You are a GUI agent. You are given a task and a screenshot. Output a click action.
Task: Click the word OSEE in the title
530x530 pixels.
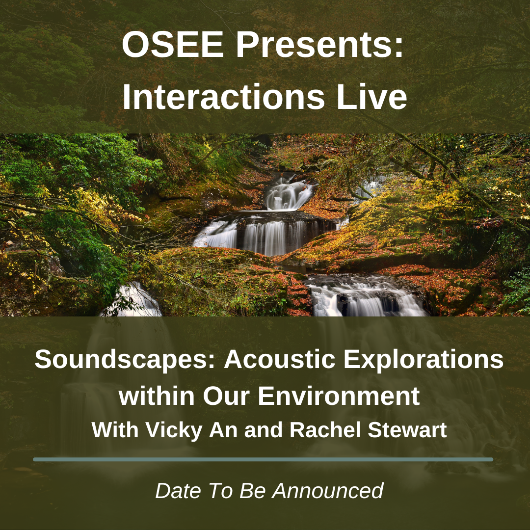[x=173, y=45]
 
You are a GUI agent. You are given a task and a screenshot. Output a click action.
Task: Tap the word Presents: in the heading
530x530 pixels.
[x=320, y=45]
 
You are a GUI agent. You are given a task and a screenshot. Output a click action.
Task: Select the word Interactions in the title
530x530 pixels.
[x=223, y=97]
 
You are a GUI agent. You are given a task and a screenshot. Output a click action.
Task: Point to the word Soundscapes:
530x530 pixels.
[x=125, y=360]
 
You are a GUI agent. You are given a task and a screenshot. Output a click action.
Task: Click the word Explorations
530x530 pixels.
[x=424, y=360]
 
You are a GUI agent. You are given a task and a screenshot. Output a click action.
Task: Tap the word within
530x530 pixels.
[x=157, y=396]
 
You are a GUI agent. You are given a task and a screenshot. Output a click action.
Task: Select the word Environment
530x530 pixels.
[x=339, y=396]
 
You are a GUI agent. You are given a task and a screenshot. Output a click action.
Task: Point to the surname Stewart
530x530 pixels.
[x=407, y=429]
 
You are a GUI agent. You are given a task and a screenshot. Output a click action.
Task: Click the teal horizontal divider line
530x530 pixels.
[x=263, y=459]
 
